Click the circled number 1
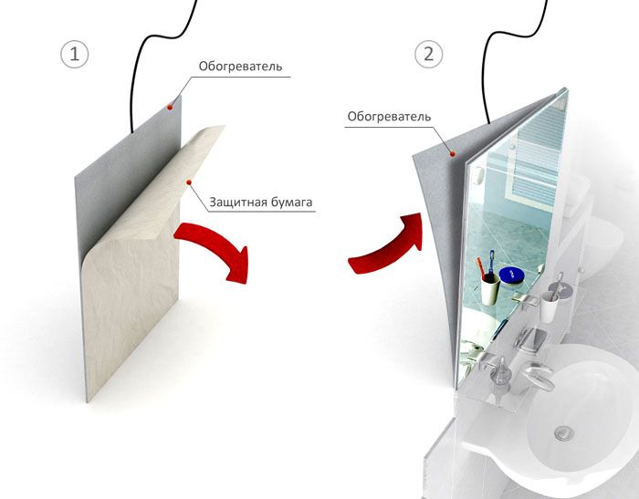tap(75, 54)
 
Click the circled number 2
tap(429, 54)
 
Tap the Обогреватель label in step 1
tap(240, 66)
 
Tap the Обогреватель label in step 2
tap(389, 117)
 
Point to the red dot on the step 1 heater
tap(170, 107)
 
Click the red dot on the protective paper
tap(189, 182)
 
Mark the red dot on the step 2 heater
tap(453, 153)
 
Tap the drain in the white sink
tap(564, 432)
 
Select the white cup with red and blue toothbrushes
tap(489, 288)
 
